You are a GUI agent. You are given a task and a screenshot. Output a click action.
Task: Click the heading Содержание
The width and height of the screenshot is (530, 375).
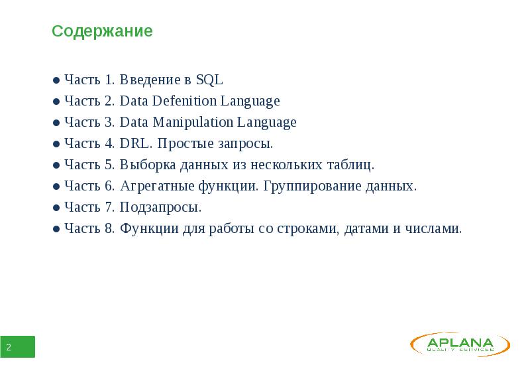pos(103,31)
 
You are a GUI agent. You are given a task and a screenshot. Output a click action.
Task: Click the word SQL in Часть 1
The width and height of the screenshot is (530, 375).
pos(209,80)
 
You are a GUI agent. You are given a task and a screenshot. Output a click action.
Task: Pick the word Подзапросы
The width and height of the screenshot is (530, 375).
pos(161,208)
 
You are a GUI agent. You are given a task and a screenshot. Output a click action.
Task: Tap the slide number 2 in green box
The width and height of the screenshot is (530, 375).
pos(9,348)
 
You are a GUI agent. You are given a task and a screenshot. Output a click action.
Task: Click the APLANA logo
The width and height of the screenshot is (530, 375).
pos(460,344)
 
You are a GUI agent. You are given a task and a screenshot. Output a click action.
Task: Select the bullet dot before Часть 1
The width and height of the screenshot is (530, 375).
pos(57,81)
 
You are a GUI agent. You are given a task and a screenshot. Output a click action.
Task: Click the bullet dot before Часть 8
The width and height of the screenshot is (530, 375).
pos(57,230)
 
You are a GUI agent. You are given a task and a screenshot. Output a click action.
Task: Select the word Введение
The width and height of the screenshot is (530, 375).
pos(150,80)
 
